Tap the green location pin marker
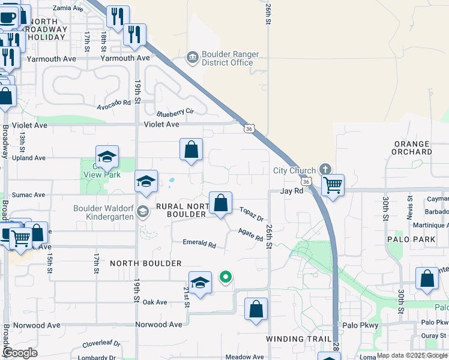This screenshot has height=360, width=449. tap(226, 277)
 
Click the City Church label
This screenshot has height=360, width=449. tap(294, 170)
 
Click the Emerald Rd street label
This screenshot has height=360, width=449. tap(199, 244)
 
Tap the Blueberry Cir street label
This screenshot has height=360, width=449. tap(175, 112)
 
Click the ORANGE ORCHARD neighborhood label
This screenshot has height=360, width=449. tap(412, 148)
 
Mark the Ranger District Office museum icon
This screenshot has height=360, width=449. tap(192, 58)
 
